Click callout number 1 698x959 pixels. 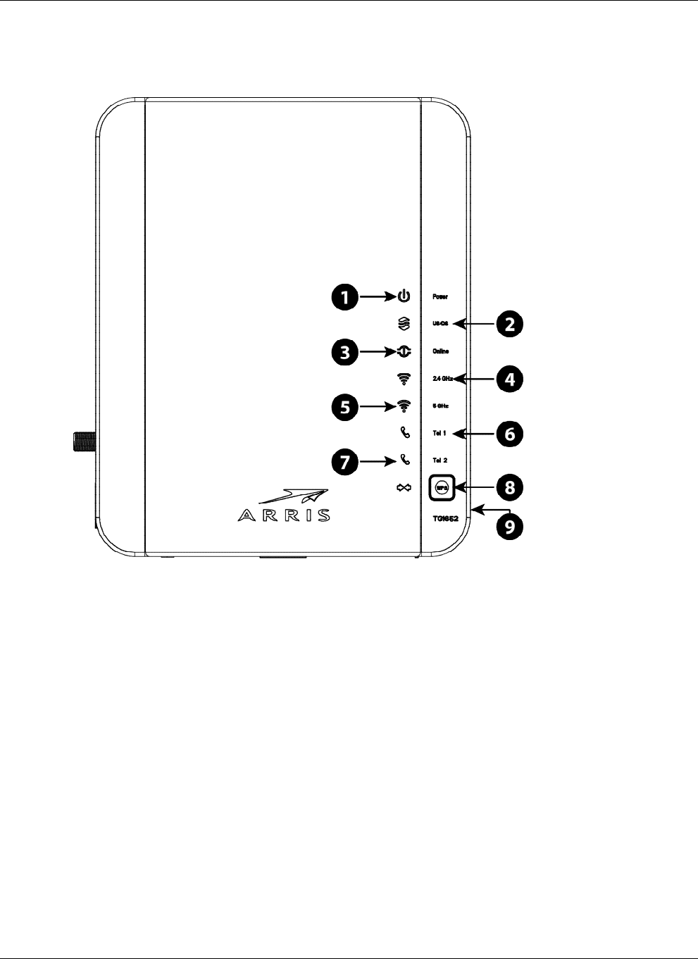click(x=345, y=297)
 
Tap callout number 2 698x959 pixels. click(x=509, y=325)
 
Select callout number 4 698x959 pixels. click(x=509, y=380)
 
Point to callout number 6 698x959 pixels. click(x=509, y=434)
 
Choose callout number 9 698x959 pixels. click(x=509, y=526)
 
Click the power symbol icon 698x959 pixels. click(x=404, y=297)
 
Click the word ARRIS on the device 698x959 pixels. click(x=284, y=515)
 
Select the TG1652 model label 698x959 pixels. click(x=445, y=518)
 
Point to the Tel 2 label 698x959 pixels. click(x=440, y=460)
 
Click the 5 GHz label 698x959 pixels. click(x=440, y=406)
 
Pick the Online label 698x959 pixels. click(x=440, y=351)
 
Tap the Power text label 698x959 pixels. click(x=440, y=297)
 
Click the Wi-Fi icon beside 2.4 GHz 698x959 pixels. click(x=404, y=379)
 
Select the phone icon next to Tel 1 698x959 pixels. click(x=404, y=433)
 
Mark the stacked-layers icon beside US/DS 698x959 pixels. click(x=404, y=324)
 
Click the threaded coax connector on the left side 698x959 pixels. click(x=84, y=442)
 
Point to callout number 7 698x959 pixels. click(x=345, y=462)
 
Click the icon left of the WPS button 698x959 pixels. click(x=404, y=487)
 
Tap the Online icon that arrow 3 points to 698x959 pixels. click(x=404, y=351)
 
